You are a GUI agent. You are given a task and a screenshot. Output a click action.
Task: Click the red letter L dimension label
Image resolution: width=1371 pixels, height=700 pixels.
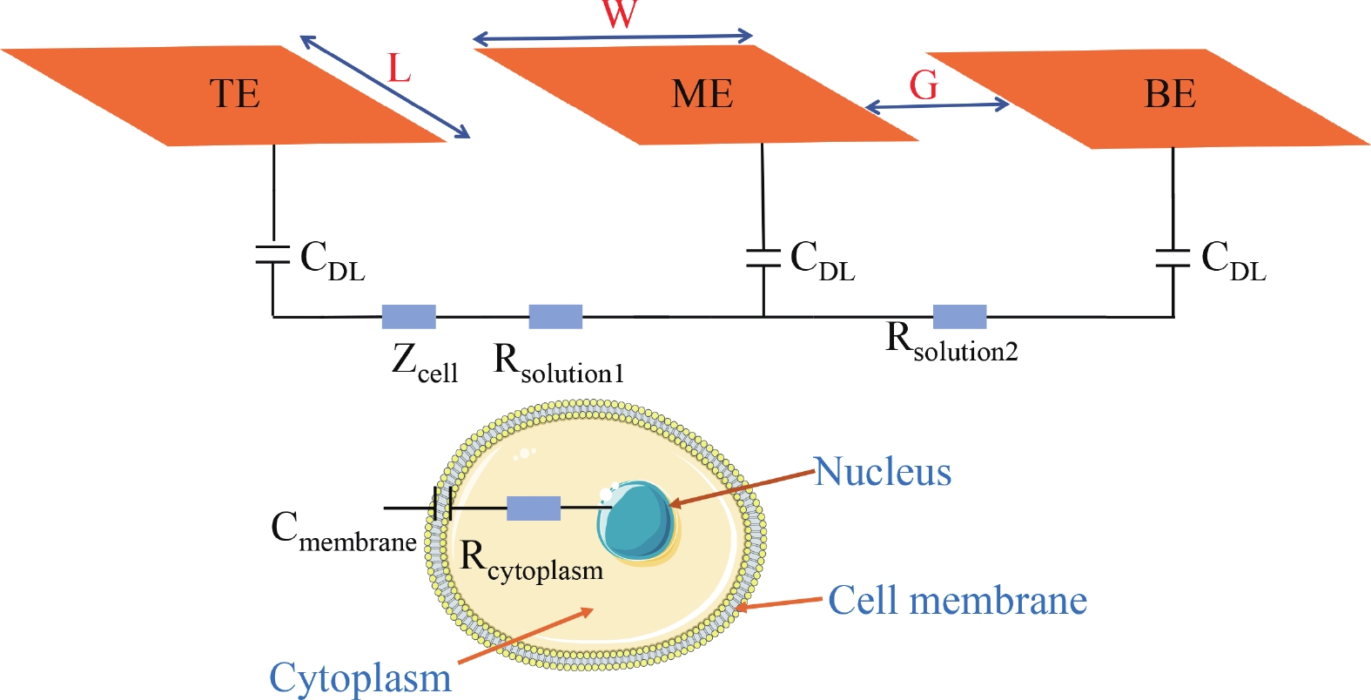tap(399, 68)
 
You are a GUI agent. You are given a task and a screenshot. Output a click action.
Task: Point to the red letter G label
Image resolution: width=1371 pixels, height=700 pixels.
tap(924, 85)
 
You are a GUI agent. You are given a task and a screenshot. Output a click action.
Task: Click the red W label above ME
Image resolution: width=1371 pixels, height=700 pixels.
tap(619, 12)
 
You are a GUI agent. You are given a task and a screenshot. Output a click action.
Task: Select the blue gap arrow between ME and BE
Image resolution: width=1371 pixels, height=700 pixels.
tap(938, 106)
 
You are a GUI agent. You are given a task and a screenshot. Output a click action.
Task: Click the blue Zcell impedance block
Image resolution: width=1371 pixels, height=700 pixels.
tap(408, 316)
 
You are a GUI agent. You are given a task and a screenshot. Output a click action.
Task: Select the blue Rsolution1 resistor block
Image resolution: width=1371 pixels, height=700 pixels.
tap(555, 316)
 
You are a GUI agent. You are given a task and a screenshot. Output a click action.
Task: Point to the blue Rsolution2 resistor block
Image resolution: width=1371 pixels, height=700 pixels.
tap(959, 316)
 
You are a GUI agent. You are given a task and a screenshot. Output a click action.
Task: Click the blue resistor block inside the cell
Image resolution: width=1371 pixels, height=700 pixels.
tap(533, 508)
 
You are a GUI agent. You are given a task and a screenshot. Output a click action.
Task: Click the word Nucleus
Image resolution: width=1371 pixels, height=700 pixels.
tap(883, 472)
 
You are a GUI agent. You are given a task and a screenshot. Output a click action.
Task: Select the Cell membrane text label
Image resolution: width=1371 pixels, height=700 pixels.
tap(958, 601)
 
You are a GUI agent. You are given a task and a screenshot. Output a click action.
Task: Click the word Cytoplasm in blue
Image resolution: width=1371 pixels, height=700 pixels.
tap(360, 677)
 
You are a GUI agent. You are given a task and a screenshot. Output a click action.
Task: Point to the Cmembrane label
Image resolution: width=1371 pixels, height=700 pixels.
tap(343, 531)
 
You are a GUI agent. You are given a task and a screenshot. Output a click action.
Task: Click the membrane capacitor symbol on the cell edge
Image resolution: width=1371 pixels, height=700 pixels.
tap(442, 505)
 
